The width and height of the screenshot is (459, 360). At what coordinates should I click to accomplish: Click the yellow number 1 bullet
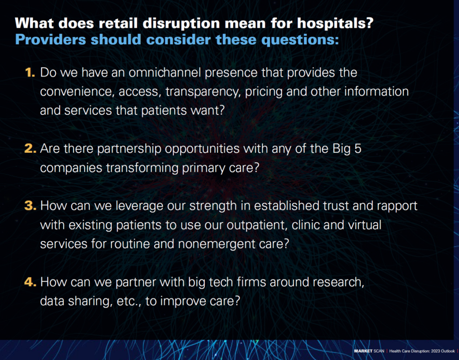point(30,72)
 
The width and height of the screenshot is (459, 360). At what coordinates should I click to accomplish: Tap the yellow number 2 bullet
point(30,148)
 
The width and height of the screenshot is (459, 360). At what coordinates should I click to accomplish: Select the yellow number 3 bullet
point(30,205)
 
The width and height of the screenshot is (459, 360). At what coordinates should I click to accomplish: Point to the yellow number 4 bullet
point(30,282)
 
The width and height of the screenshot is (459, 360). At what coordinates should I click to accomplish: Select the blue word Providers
point(50,39)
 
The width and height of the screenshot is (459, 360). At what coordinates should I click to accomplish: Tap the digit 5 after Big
point(358,149)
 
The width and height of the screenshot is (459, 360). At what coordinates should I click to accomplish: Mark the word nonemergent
point(216,244)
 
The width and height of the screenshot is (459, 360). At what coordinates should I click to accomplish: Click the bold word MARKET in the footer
point(363,351)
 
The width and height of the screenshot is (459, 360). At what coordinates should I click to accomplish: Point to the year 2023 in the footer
point(436,351)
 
